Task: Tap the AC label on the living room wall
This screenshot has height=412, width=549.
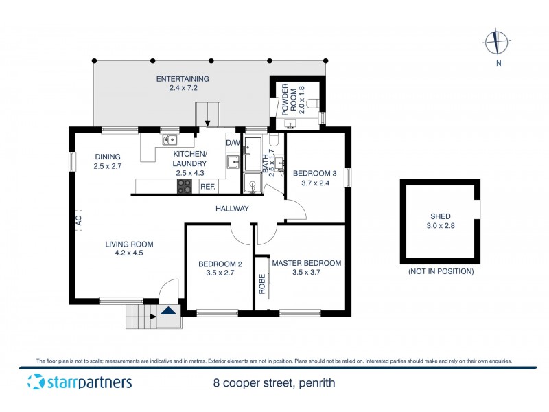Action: click(x=78, y=220)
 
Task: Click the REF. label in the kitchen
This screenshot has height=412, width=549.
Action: click(x=207, y=187)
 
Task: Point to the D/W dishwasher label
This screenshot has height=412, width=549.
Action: click(x=232, y=143)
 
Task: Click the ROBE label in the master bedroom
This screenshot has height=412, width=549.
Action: click(x=261, y=284)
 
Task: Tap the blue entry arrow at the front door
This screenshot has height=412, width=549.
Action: click(x=167, y=311)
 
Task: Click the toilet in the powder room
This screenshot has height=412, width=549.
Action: click(x=312, y=104)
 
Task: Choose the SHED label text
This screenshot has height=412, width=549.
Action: click(x=441, y=216)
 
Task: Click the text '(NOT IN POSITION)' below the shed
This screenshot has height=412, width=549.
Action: click(x=441, y=271)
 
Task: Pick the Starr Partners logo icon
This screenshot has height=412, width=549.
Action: click(x=35, y=382)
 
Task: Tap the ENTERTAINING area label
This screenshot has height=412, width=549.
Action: click(x=183, y=79)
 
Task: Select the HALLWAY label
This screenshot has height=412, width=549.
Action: click(x=231, y=209)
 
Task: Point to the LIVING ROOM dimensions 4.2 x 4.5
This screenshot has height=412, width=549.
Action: click(x=128, y=253)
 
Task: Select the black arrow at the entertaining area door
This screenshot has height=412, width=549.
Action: click(x=207, y=122)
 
